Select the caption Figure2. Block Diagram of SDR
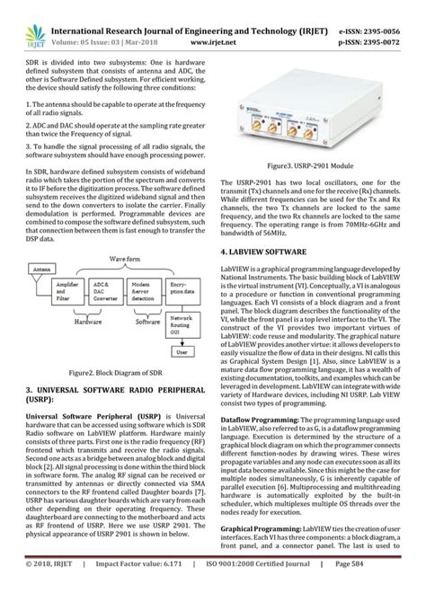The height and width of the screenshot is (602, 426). tap(105, 393)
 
